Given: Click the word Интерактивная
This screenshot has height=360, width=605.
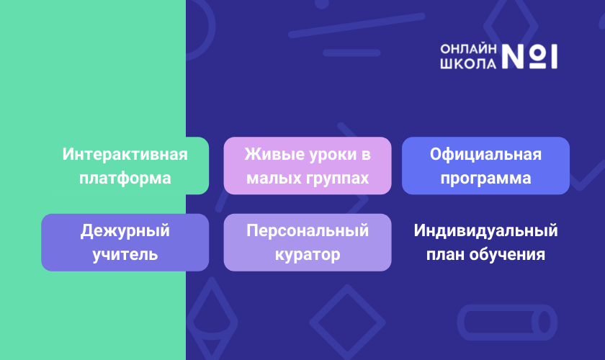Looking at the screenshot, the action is point(125,154).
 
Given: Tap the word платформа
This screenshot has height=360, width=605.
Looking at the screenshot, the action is point(125,179).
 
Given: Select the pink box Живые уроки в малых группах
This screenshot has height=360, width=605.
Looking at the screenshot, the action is point(308,166).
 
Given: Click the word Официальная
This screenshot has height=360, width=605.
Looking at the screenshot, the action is point(485,154).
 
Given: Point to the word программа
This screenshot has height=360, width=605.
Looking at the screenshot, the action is point(485,179).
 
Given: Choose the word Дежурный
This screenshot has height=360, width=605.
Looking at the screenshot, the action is point(125,230).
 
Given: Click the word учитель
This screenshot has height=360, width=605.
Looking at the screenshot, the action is point(125,255).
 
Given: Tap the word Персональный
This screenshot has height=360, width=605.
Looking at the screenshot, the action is point(308,230).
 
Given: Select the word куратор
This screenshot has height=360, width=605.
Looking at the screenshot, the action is point(308,255).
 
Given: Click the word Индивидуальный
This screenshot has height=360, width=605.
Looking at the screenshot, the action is point(485,230).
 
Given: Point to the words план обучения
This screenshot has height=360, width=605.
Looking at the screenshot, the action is point(485,255).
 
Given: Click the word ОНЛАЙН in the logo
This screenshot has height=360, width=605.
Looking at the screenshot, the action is point(468,49).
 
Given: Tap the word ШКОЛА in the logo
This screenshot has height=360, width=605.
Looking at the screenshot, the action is point(468,63).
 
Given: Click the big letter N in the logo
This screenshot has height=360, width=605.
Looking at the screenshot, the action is point(513,56).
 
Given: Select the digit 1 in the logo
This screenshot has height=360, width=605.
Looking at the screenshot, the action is point(554,56).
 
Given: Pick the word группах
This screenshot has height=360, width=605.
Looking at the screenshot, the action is point(338,179).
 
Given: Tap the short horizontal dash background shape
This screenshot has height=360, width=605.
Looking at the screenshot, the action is point(351,53).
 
